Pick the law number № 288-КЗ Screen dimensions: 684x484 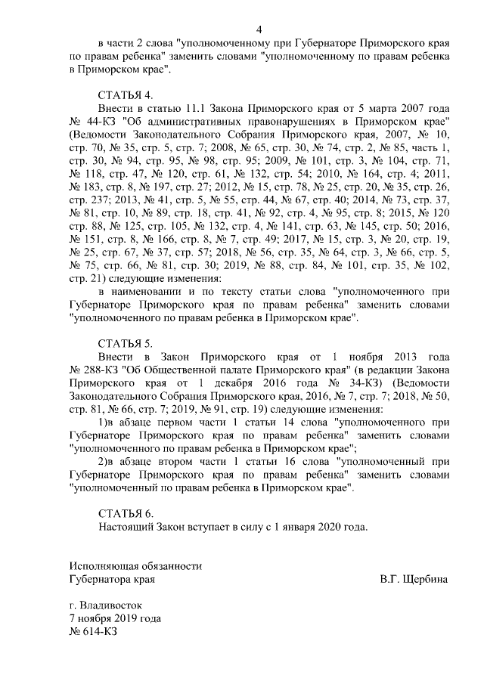[96, 368]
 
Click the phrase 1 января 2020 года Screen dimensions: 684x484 [315, 527]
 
